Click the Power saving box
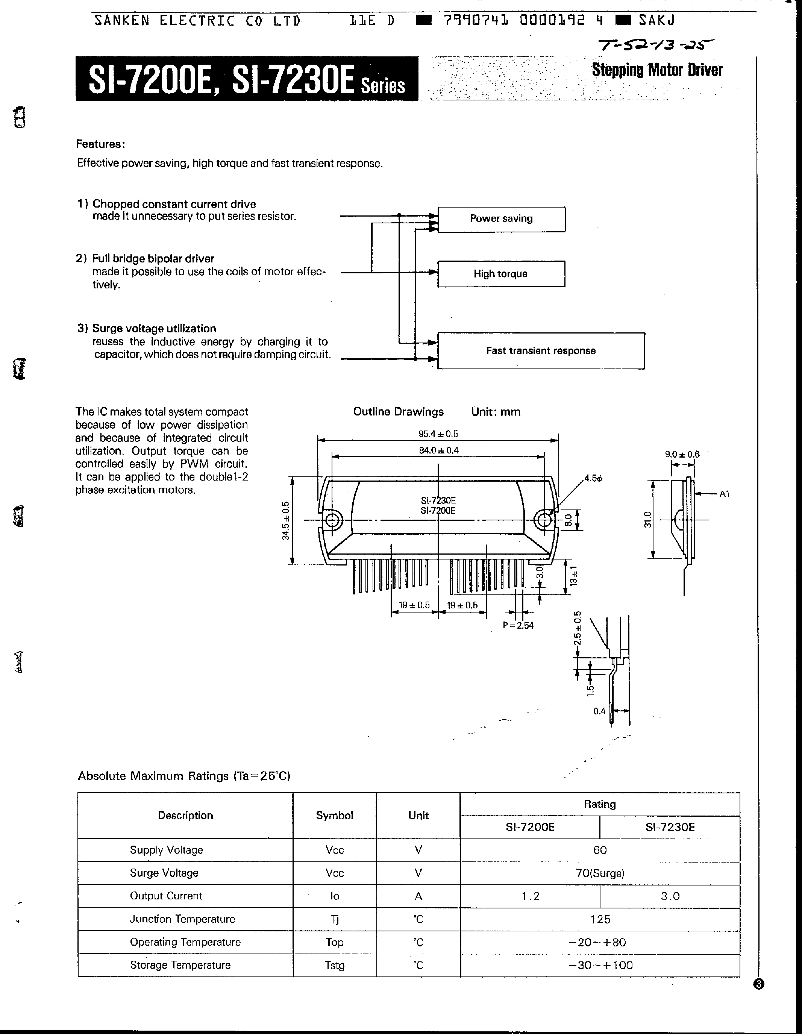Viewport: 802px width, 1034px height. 501,219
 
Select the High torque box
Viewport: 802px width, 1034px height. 501,274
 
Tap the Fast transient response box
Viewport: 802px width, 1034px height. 541,351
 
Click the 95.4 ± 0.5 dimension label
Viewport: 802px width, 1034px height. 438,434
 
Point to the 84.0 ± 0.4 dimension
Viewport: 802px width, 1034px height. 438,450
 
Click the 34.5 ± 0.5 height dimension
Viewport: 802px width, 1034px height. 285,521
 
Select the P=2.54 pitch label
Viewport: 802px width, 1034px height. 518,625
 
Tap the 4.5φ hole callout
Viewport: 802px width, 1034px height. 593,479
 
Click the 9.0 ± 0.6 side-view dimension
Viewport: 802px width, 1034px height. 682,455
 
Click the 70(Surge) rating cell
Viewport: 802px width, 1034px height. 599,873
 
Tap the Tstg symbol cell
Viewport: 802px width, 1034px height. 334,965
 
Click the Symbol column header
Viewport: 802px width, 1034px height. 334,815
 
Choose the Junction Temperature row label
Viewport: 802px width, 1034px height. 182,919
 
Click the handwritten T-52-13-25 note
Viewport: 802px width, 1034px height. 656,45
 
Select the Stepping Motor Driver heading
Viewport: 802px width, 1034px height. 657,70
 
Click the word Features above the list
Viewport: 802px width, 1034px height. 101,144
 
